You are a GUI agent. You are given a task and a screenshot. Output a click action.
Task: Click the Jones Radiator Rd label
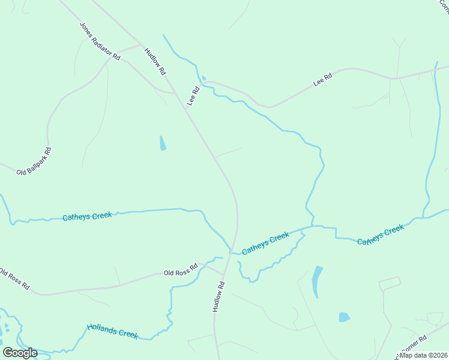pyautogui.click(x=100, y=41)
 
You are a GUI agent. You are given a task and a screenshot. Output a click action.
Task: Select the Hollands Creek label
pyautogui.click(x=112, y=331)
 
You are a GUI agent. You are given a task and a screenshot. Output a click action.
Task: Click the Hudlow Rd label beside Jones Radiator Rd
pyautogui.click(x=155, y=62)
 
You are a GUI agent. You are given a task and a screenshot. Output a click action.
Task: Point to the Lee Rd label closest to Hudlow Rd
pyautogui.click(x=193, y=97)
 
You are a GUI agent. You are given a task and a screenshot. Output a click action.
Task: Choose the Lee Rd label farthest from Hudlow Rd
pyautogui.click(x=323, y=80)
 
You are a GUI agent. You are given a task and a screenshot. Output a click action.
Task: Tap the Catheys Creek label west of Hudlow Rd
pyautogui.click(x=87, y=216)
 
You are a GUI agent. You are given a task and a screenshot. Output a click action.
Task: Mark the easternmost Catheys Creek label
pyautogui.click(x=381, y=235)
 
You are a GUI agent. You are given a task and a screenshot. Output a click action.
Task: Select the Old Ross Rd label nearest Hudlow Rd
pyautogui.click(x=181, y=270)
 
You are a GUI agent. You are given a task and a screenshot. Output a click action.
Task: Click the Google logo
pyautogui.click(x=20, y=353)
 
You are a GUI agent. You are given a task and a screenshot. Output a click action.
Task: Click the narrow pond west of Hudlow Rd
pyautogui.click(x=163, y=143)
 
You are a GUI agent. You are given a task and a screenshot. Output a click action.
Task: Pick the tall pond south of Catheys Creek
pyautogui.click(x=316, y=280)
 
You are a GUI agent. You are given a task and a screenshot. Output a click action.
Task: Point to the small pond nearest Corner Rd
pyautogui.click(x=344, y=317)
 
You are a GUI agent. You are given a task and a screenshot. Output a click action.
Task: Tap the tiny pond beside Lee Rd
pyautogui.click(x=204, y=77)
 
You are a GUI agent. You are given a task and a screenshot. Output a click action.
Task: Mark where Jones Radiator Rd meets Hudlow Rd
pyautogui.click(x=141, y=45)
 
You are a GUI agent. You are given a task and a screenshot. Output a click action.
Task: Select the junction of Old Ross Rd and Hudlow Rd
pyautogui.click(x=223, y=277)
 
